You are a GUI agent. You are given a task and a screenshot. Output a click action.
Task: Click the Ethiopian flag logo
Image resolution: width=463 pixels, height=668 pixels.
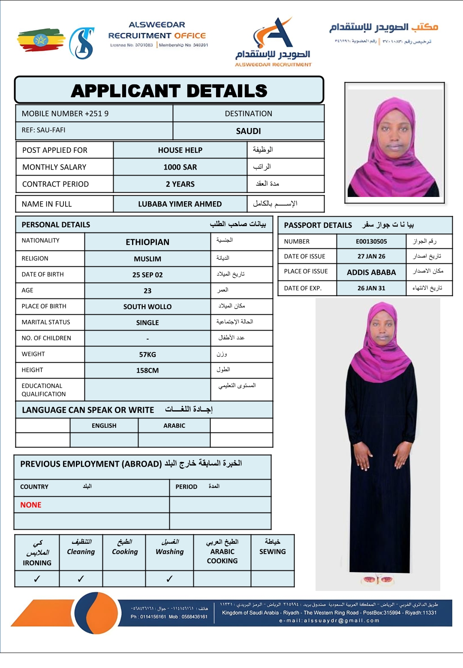pyautogui.click(x=41, y=40)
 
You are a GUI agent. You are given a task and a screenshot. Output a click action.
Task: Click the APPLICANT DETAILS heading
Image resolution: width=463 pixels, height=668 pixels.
pyautogui.click(x=169, y=91)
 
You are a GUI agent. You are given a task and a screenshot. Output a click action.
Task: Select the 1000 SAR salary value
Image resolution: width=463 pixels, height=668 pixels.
pyautogui.click(x=180, y=167)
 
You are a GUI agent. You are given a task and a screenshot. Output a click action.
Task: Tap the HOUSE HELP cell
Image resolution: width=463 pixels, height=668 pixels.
pyautogui.click(x=180, y=150)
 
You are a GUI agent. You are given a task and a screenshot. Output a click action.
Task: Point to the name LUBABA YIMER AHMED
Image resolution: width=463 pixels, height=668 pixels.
pyautogui.click(x=180, y=204)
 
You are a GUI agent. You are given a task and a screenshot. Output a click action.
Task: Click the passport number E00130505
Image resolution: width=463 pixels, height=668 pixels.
pyautogui.click(x=371, y=242)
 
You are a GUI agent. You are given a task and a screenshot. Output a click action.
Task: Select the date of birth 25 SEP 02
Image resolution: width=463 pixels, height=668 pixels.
pyautogui.click(x=147, y=275)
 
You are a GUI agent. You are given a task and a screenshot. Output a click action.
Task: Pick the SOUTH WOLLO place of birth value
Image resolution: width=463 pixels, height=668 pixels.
pyautogui.click(x=147, y=307)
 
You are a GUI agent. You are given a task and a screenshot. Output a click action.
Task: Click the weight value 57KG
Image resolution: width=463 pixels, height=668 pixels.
pyautogui.click(x=147, y=355)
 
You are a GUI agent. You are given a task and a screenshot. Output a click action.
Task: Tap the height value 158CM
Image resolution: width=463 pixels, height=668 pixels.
pyautogui.click(x=147, y=370)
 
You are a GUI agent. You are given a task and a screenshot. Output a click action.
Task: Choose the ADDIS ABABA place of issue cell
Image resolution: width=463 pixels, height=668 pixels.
pyautogui.click(x=371, y=272)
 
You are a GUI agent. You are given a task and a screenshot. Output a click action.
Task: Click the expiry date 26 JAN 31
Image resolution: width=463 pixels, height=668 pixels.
pyautogui.click(x=371, y=288)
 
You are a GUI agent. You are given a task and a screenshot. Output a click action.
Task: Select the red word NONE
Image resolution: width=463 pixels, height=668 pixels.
pyautogui.click(x=31, y=505)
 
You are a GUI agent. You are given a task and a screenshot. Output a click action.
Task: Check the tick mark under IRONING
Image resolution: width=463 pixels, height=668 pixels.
pyautogui.click(x=37, y=579)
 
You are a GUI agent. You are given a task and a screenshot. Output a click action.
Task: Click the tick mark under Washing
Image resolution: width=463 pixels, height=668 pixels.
pyautogui.click(x=169, y=579)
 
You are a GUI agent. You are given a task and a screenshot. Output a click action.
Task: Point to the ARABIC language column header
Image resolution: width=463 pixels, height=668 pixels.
pyautogui.click(x=174, y=426)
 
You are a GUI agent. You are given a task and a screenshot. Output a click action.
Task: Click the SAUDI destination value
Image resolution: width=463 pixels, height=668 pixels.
pyautogui.click(x=248, y=131)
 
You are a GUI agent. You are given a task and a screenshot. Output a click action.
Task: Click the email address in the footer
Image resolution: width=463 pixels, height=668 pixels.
pyautogui.click(x=329, y=620)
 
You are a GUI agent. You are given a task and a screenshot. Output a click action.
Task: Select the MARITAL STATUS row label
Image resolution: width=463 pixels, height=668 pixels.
pyautogui.click(x=46, y=322)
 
